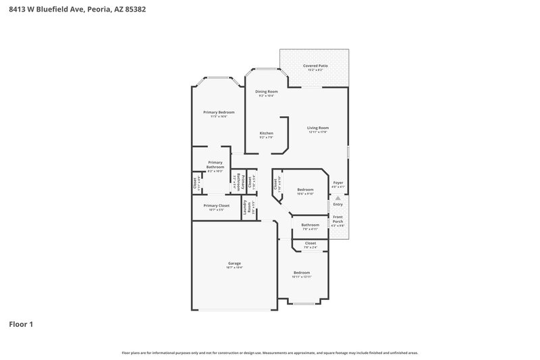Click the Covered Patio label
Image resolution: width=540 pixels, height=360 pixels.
click(315, 66)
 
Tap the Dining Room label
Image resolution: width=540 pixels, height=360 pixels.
click(266, 91)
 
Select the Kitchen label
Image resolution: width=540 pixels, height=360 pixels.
click(266, 133)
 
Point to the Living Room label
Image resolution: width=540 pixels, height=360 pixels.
click(317, 128)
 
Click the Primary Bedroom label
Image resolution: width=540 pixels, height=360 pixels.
click(219, 112)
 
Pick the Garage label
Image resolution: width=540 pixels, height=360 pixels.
click(234, 263)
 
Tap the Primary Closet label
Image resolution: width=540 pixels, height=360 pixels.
click(216, 205)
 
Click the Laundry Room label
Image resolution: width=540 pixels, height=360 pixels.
click(248, 207)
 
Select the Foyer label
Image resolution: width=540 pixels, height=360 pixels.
click(338, 183)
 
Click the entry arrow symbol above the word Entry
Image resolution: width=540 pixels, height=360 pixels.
click(338, 198)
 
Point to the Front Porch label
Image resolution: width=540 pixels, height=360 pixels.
click(337, 219)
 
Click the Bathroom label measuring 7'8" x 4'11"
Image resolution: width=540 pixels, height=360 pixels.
click(310, 225)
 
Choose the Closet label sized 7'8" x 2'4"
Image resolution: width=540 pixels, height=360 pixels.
click(310, 243)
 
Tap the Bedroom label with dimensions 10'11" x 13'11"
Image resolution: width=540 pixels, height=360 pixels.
click(301, 272)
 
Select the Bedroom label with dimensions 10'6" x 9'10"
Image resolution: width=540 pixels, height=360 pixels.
click(306, 190)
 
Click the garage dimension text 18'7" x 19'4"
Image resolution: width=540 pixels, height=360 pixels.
click(234, 268)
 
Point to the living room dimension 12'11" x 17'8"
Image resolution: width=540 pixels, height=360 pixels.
click(317, 132)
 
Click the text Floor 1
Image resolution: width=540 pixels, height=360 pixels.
click(21, 324)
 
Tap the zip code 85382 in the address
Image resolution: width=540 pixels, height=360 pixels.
click(134, 9)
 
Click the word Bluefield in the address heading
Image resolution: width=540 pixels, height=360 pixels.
click(52, 9)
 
